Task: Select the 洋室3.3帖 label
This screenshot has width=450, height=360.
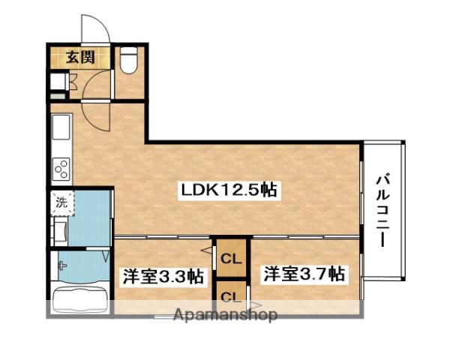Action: pyautogui.click(x=163, y=275)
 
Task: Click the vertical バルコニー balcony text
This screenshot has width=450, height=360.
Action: pyautogui.click(x=383, y=209)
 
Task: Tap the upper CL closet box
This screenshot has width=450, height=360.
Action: pyautogui.click(x=230, y=260)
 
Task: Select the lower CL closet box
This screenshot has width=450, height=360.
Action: pyautogui.click(x=230, y=295)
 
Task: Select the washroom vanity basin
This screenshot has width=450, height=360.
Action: pyautogui.click(x=59, y=229)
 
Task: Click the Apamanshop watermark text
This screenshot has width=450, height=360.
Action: pyautogui.click(x=225, y=315)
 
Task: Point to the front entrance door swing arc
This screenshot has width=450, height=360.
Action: pyautogui.click(x=96, y=29)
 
